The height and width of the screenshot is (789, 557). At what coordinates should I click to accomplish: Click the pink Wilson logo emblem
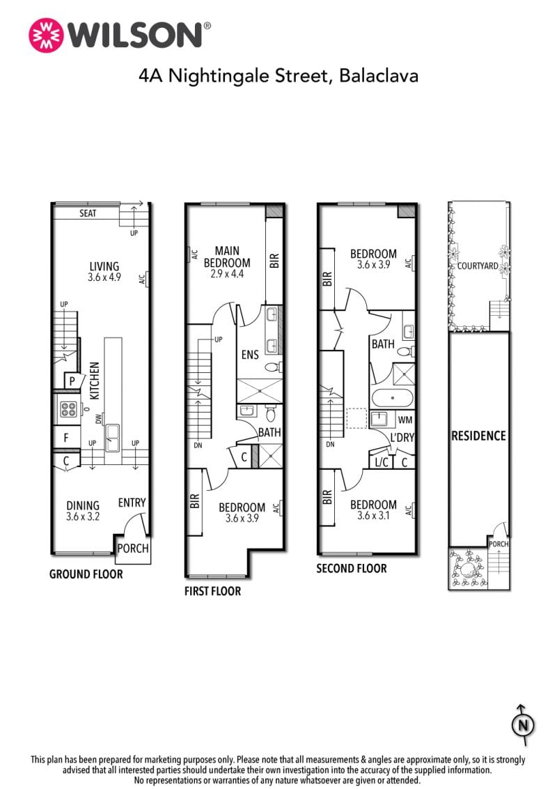pos(46,36)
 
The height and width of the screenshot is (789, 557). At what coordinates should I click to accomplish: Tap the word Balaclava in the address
pos(379,75)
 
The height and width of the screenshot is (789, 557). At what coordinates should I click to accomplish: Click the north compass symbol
pos(523,725)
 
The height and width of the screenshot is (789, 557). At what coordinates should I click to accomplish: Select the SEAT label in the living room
pos(88,213)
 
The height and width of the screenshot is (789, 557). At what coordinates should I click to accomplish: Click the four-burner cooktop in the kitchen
pos(68,408)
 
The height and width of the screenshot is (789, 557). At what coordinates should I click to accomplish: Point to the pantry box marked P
pos(72,381)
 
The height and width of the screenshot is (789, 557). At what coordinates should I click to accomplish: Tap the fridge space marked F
pos(66,438)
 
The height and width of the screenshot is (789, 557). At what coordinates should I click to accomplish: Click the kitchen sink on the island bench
pos(113,438)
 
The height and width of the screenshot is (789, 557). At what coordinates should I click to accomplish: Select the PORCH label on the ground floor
pos(133,548)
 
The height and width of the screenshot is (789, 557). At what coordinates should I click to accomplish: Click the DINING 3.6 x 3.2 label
pos(83,510)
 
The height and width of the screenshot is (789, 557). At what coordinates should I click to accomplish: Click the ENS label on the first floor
pos(250,355)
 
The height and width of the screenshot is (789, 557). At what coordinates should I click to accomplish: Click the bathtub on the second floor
pos(392,399)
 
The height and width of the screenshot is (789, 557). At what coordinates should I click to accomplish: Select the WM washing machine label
pos(405,420)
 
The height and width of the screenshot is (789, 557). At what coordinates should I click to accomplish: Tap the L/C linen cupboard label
pos(382,462)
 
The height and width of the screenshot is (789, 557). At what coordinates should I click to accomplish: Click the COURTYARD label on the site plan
pos(478,266)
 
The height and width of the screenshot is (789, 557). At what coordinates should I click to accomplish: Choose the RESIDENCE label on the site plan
pos(478,436)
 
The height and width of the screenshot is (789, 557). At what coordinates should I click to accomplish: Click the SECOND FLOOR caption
pos(352,569)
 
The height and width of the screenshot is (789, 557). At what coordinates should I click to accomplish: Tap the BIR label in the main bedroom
pos(274,261)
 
